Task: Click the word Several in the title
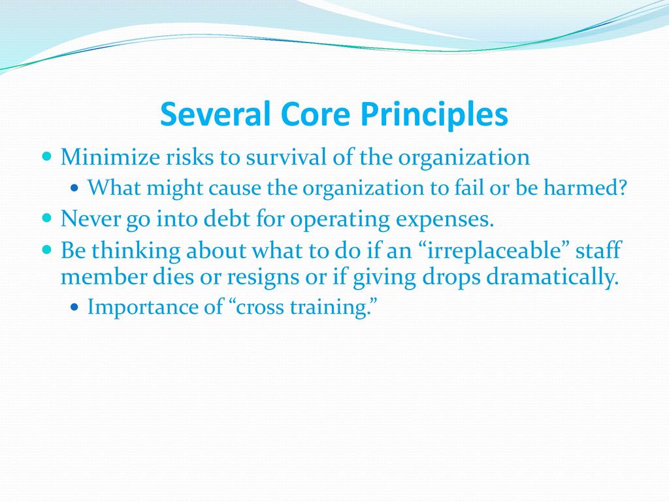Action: [216, 114]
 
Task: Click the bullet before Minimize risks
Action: [47, 156]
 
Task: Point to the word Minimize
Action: [110, 157]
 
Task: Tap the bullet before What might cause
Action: [75, 188]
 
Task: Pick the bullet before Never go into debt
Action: [47, 218]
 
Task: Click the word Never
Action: [90, 218]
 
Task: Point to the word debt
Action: [227, 218]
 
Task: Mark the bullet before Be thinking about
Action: [47, 249]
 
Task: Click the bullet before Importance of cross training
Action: [75, 307]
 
